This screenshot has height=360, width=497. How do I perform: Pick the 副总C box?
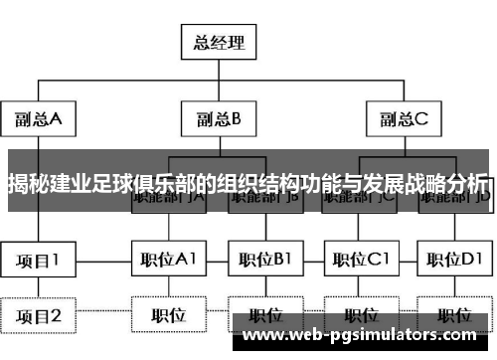[404, 119]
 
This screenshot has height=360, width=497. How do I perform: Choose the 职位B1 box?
[265, 261]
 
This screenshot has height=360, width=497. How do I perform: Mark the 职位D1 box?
[454, 261]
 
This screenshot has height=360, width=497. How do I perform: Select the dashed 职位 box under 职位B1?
[265, 316]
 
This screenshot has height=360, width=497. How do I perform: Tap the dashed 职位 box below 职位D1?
[454, 316]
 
